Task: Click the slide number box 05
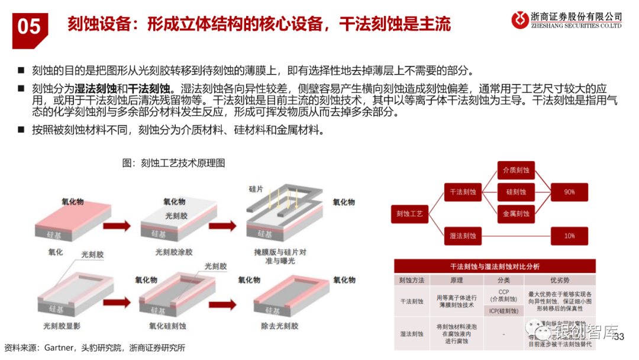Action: coord(30,27)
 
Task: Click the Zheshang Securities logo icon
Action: coord(521,20)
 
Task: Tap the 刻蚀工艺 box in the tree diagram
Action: coord(409,214)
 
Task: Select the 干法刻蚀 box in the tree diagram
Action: coord(463,192)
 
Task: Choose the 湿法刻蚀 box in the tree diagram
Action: coord(463,236)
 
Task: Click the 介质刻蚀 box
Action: coord(516,171)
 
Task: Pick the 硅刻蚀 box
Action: coord(516,192)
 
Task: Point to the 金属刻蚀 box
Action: coord(516,213)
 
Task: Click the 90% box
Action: coord(569,192)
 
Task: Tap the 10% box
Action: coord(569,236)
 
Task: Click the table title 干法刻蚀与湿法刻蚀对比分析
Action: coord(495,266)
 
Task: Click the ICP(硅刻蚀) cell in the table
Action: coord(504,310)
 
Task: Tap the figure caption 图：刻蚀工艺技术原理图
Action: coord(173,162)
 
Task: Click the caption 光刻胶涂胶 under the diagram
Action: coord(173,252)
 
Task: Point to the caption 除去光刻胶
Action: coord(279,326)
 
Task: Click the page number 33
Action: coord(619,337)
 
